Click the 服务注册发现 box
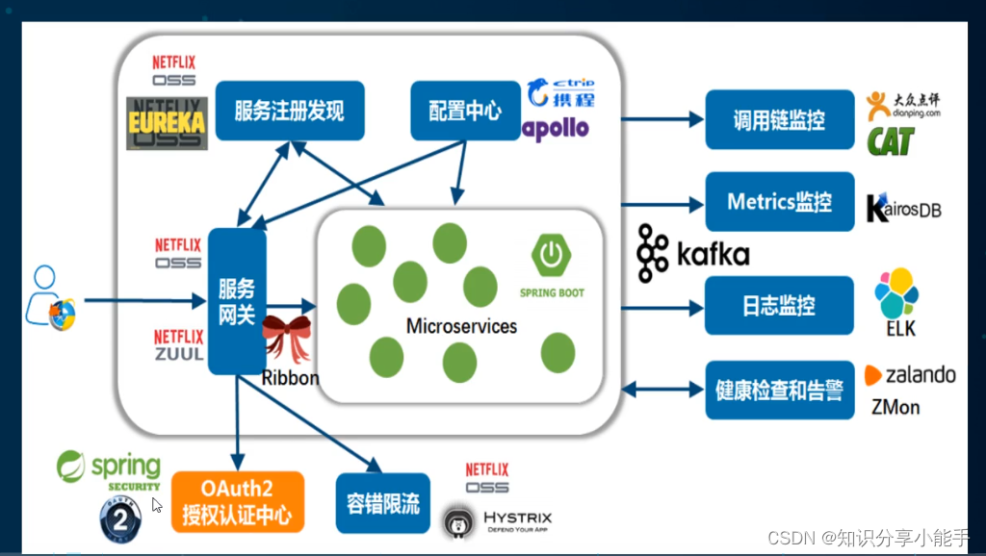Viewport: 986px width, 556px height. tap(289, 111)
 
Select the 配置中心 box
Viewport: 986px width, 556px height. tap(465, 111)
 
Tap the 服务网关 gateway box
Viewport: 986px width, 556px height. tap(236, 301)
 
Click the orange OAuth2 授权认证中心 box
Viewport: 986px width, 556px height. tap(237, 502)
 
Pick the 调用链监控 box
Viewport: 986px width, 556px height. tap(779, 119)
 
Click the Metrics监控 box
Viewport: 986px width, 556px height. tap(779, 202)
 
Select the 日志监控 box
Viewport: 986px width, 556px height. tap(779, 306)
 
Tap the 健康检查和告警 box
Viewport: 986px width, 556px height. tap(779, 391)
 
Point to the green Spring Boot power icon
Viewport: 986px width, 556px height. tap(551, 255)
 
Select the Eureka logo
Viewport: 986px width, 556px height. tap(167, 123)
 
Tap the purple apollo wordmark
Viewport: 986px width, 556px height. tap(556, 129)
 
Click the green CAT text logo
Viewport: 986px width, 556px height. tap(890, 141)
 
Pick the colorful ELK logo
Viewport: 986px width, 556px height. tap(895, 293)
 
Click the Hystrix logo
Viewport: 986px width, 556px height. tap(497, 520)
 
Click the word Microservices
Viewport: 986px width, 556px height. tap(461, 326)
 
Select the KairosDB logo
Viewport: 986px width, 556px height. tap(903, 208)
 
